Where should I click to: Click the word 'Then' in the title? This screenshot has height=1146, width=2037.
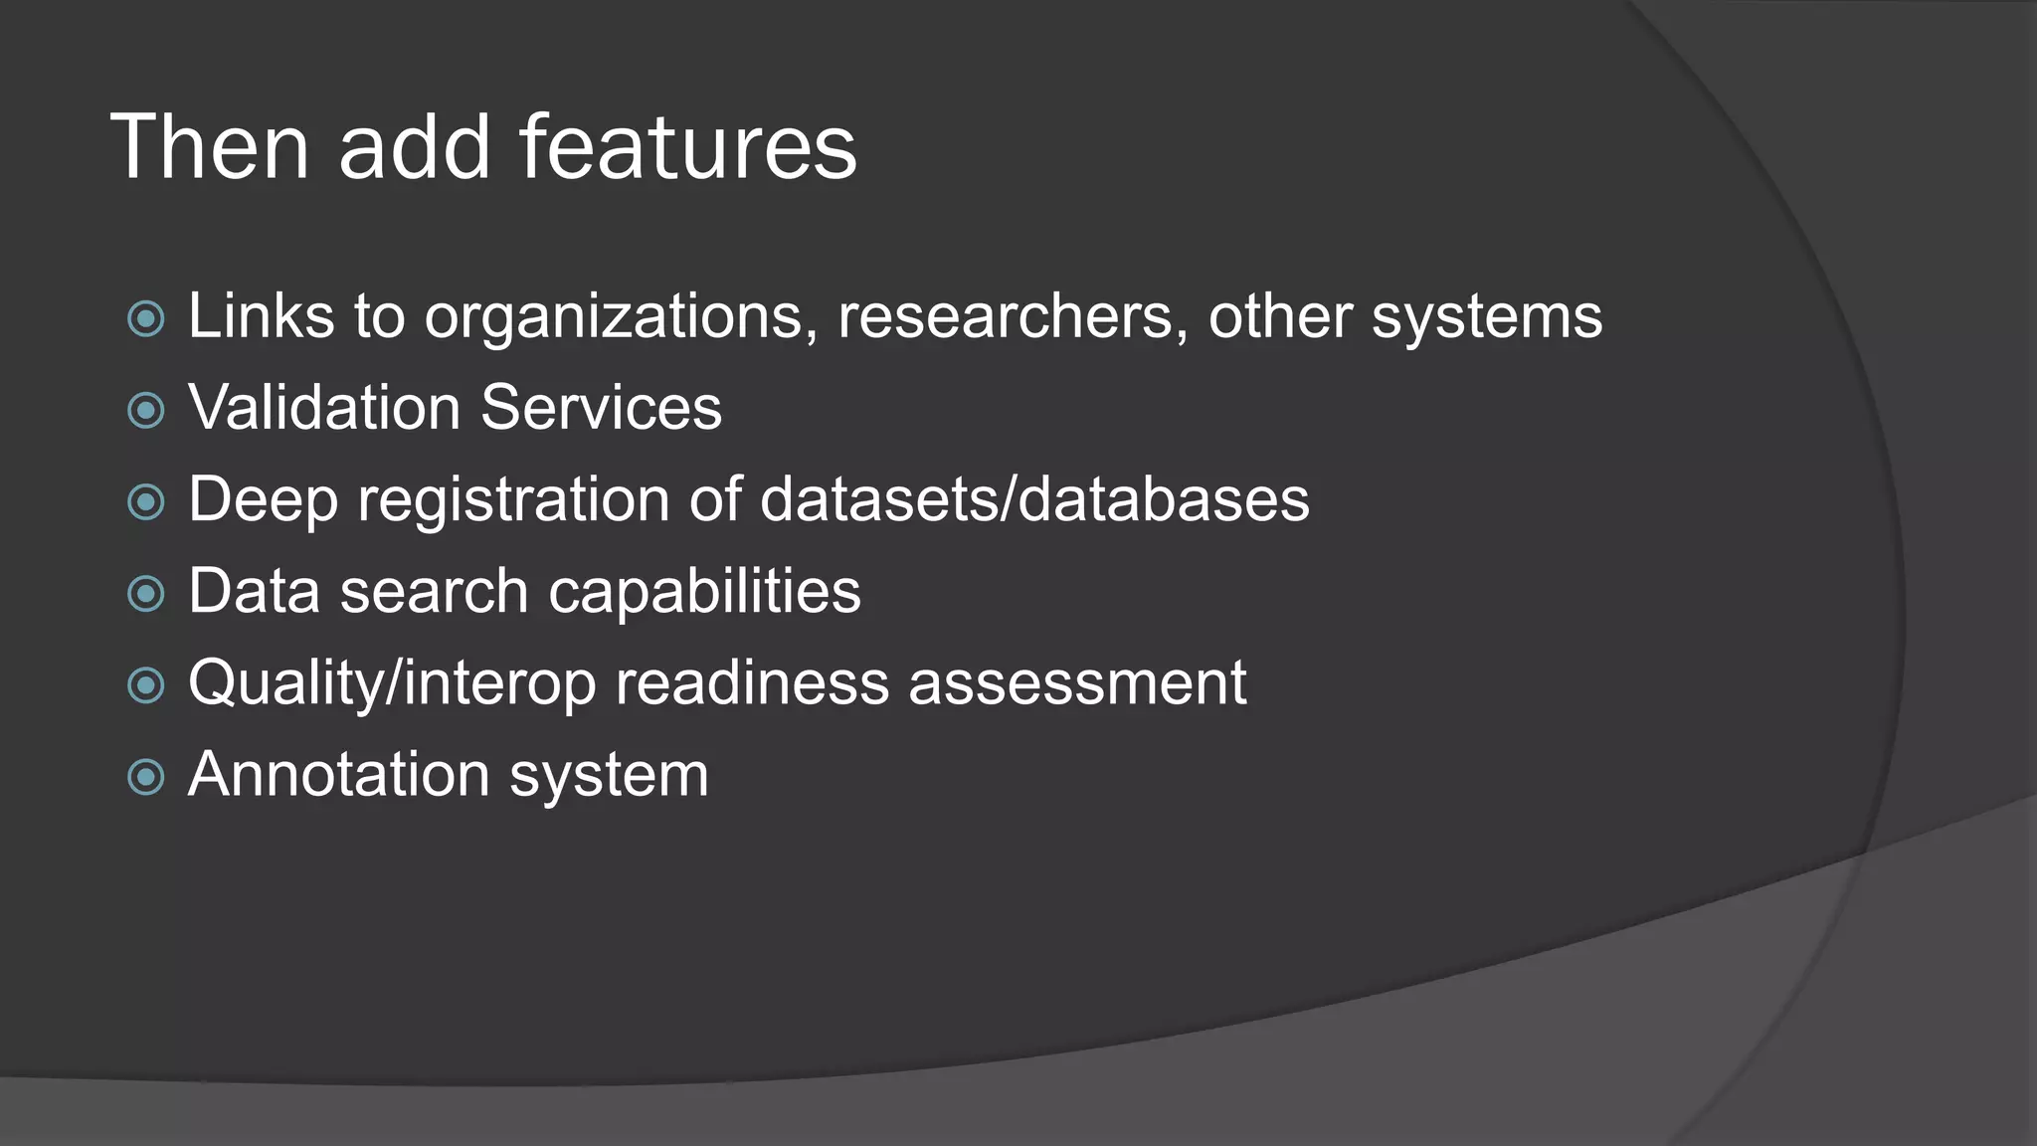click(x=210, y=147)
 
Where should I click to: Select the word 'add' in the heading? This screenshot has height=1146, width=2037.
click(x=415, y=147)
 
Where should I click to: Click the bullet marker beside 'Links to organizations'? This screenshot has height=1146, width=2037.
click(x=146, y=319)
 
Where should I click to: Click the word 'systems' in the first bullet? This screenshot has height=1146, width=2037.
click(x=1487, y=318)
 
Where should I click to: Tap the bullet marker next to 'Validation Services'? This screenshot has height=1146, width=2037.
click(x=146, y=410)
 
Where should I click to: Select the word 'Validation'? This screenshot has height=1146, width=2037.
click(x=324, y=408)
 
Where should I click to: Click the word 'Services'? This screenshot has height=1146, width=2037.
click(x=601, y=408)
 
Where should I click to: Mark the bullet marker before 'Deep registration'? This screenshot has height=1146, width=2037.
click(x=146, y=502)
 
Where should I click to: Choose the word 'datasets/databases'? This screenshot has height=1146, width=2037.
click(x=1034, y=499)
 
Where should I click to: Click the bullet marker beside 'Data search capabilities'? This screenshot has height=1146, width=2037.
click(x=146, y=594)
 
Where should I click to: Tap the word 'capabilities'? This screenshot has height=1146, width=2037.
click(x=704, y=593)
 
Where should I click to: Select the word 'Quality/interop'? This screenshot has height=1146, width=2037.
click(x=392, y=684)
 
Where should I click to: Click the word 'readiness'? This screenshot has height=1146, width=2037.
click(x=752, y=683)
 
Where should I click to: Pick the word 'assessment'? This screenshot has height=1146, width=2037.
click(x=1077, y=683)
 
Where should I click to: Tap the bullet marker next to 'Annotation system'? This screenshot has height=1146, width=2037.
click(x=146, y=777)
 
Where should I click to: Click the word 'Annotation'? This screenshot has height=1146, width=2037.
click(x=338, y=775)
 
